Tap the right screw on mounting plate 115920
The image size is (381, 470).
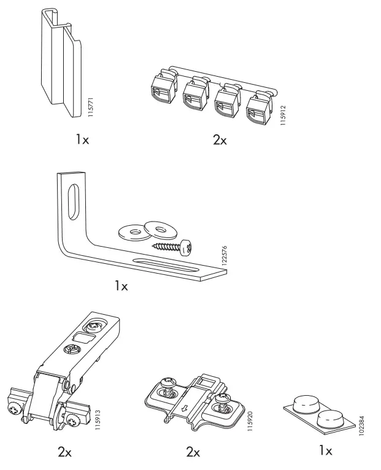(x=221, y=408)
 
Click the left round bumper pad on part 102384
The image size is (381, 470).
(x=306, y=404)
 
